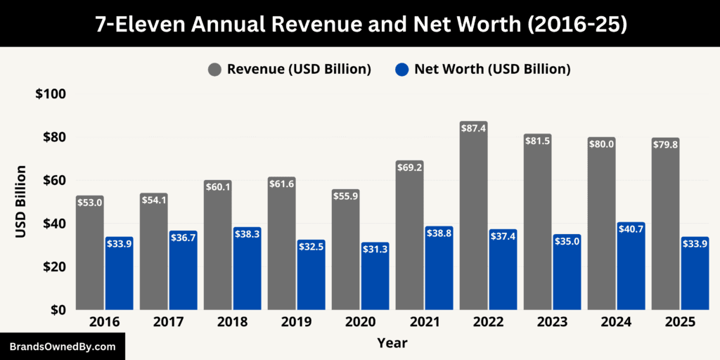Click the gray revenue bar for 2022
(x=473, y=218)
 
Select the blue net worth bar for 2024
(x=631, y=267)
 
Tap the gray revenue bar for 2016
(x=90, y=253)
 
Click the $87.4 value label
(x=473, y=129)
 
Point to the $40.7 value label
(x=631, y=229)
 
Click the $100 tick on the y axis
(x=50, y=94)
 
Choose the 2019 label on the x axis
(x=296, y=323)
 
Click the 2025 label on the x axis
(x=680, y=323)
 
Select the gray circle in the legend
(x=214, y=69)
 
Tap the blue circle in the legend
(x=401, y=69)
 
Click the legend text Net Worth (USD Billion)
(x=492, y=69)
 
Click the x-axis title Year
(x=392, y=343)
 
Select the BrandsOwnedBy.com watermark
(x=63, y=347)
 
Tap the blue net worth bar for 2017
(x=184, y=271)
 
